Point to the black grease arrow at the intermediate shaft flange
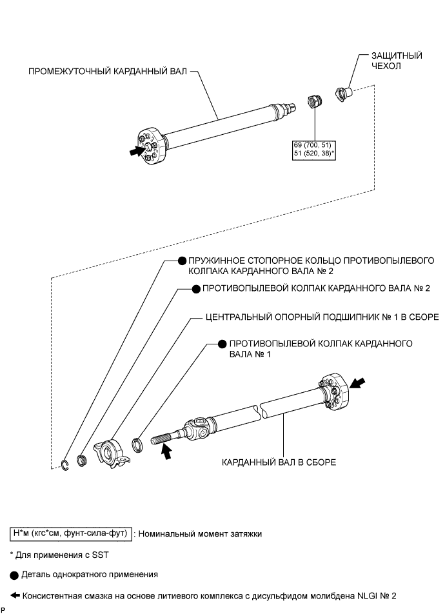(137, 152)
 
